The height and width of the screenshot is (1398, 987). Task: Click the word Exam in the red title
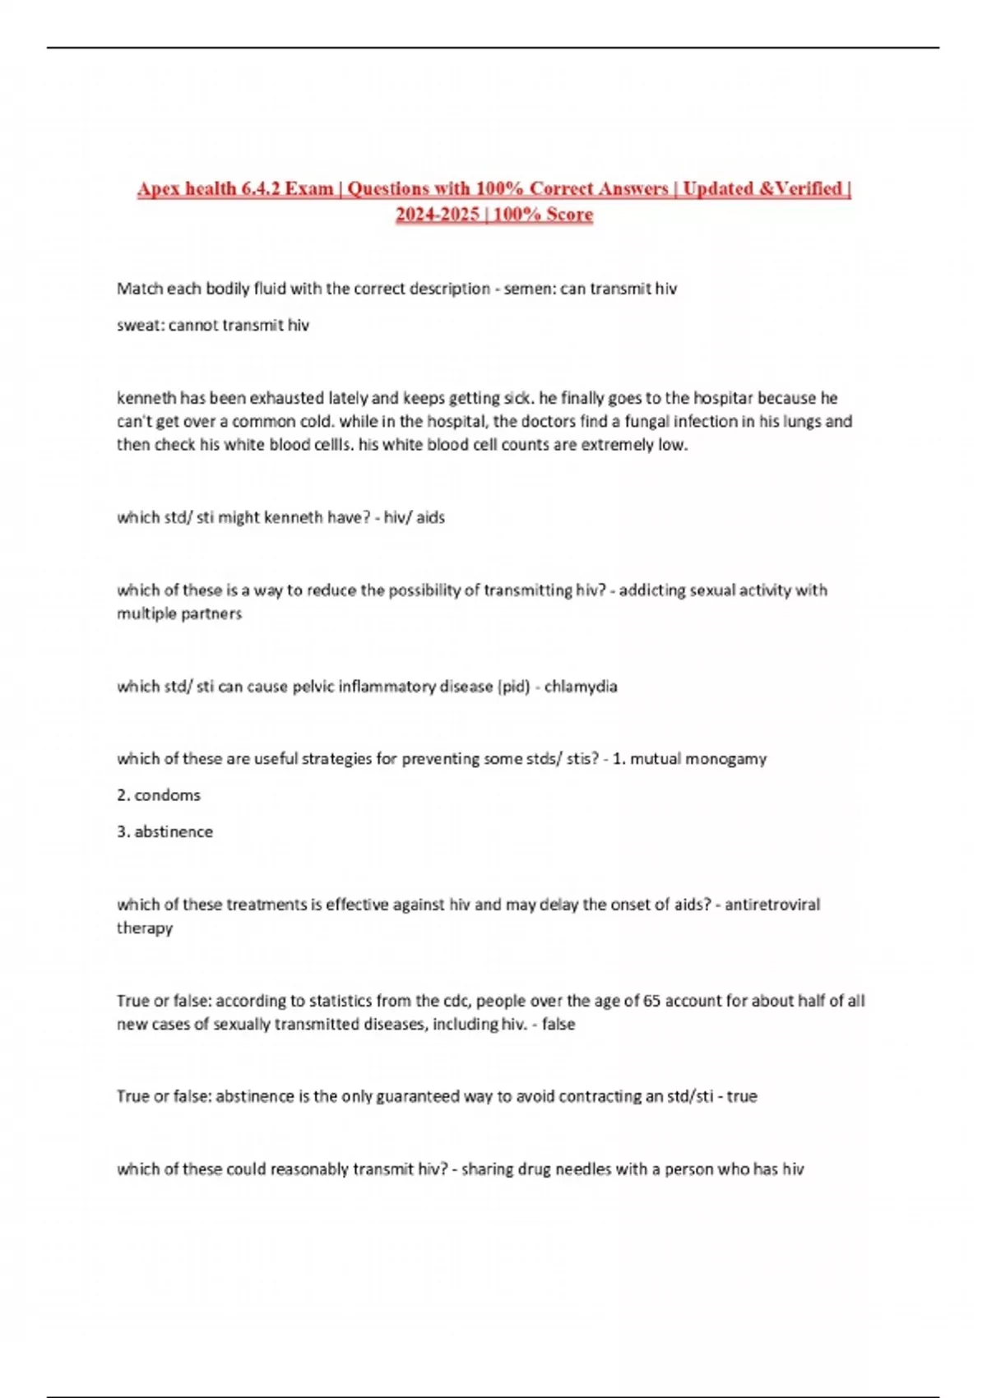coord(308,188)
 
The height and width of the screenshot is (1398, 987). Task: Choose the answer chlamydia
coord(581,687)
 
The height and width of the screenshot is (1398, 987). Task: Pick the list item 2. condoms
coord(159,795)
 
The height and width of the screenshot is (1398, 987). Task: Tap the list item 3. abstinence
coord(164,831)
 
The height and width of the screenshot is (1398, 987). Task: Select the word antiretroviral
coord(772,905)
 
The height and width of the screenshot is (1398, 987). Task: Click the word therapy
coord(145,928)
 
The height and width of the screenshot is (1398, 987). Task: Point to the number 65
coord(652,1001)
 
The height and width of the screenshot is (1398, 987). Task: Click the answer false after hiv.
coord(558,1024)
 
